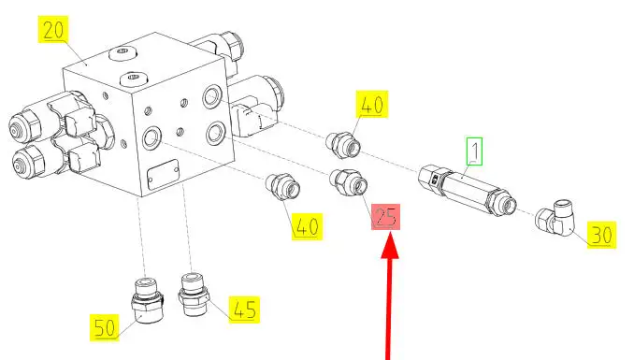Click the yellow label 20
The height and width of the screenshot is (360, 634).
53,29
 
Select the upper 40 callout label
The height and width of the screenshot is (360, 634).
372,105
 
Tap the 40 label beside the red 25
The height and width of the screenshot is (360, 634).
308,226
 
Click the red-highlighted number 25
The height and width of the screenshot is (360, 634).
386,217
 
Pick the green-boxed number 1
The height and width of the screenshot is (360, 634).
475,151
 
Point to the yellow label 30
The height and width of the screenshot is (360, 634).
601,235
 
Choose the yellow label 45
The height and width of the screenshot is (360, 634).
244,310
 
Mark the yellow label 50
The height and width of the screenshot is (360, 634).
105,327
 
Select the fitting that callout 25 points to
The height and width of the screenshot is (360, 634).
349,182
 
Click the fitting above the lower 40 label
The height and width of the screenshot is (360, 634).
282,186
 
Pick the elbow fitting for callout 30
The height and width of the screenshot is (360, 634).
555,217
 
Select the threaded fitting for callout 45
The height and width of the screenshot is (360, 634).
194,295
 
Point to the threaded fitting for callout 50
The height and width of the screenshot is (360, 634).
148,300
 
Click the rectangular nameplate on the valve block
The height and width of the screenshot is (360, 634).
163,174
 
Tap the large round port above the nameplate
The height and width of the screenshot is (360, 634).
151,137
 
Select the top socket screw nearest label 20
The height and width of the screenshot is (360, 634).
122,53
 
